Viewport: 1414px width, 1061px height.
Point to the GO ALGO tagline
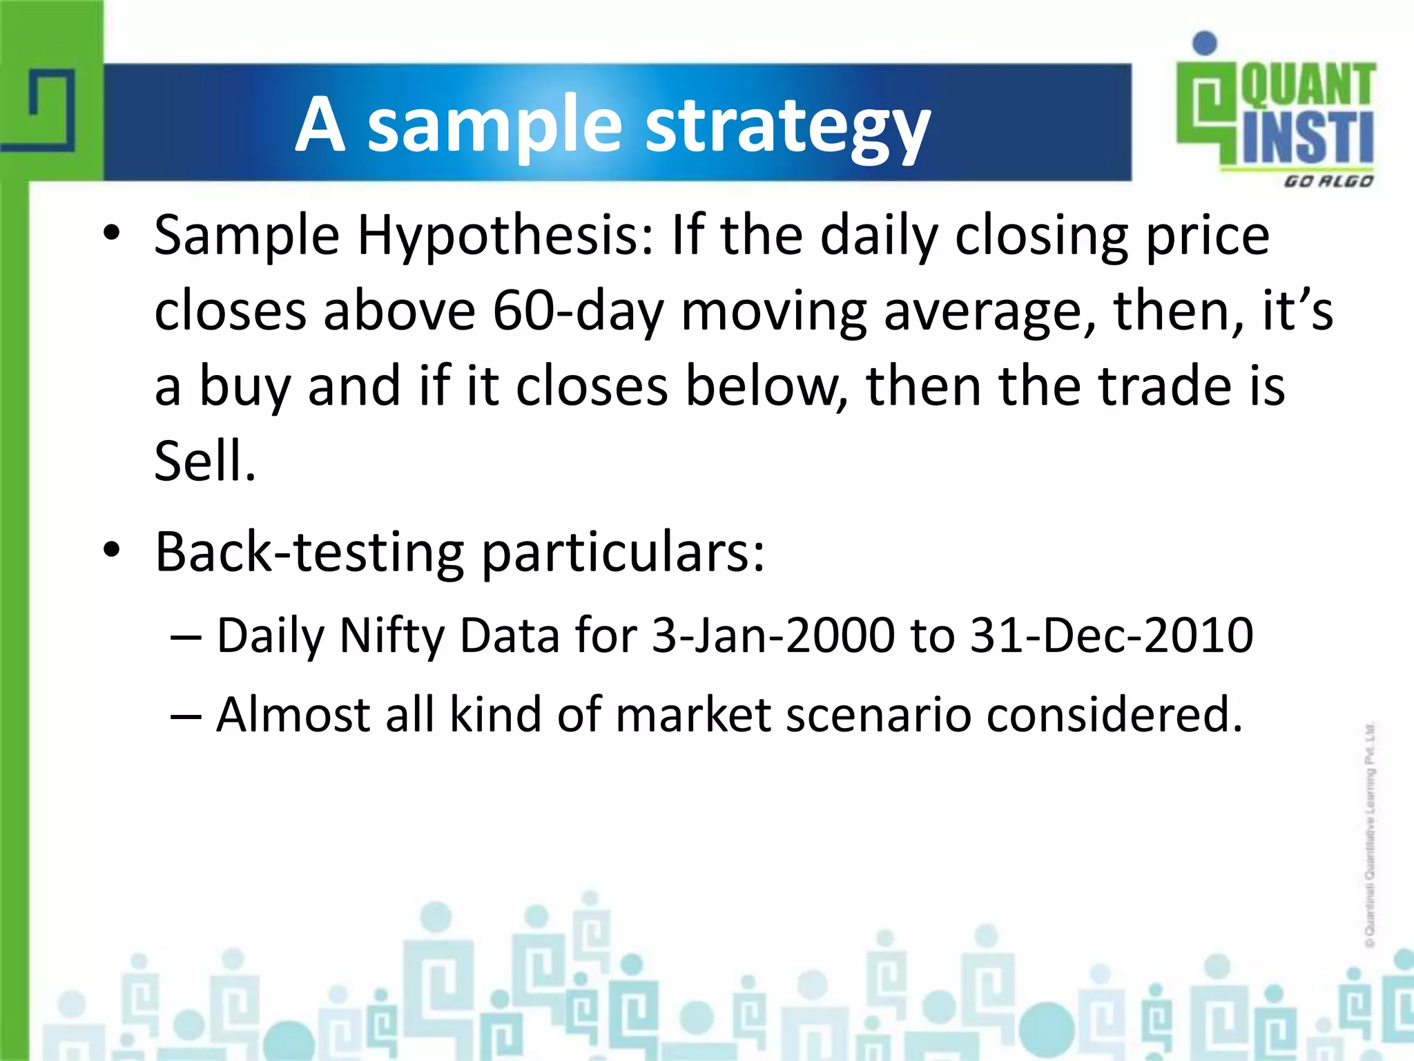1328,182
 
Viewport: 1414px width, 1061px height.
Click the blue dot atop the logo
1205,43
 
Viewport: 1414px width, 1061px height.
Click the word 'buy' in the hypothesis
244,387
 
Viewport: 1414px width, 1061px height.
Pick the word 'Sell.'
205,461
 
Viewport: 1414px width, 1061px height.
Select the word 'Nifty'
392,635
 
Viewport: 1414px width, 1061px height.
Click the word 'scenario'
878,715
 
